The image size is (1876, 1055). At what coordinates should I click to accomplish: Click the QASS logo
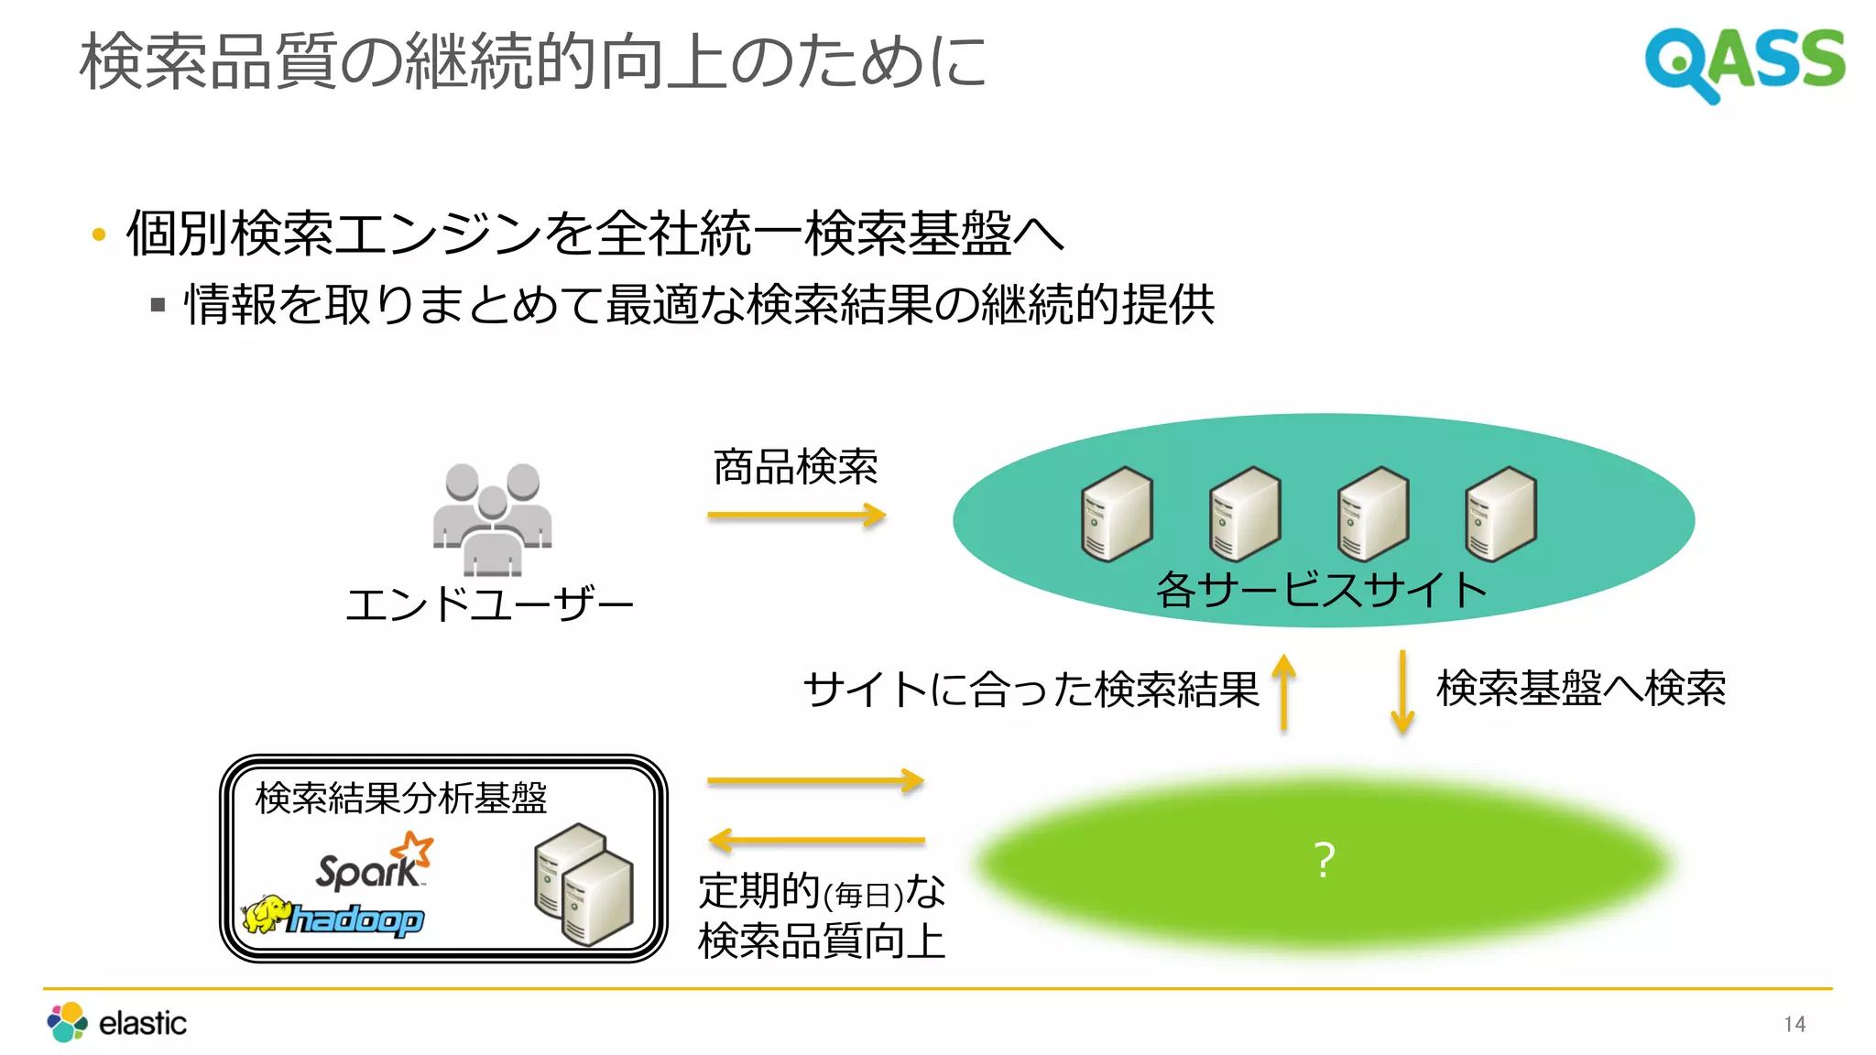tap(1744, 62)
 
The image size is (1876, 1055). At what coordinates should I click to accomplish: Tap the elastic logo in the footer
tap(117, 1022)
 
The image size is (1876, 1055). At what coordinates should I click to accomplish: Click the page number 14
tap(1794, 1024)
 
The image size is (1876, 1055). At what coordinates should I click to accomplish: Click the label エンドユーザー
tap(489, 604)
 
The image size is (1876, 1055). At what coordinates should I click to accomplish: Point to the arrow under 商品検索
tap(796, 515)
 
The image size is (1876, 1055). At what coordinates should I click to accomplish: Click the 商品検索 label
tap(795, 467)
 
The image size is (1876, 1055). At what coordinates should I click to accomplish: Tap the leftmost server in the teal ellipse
tap(1117, 514)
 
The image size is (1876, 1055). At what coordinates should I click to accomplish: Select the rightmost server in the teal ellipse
tap(1500, 514)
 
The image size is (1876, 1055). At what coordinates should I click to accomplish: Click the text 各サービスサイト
tap(1322, 590)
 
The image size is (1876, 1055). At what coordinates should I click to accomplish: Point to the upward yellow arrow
tap(1284, 691)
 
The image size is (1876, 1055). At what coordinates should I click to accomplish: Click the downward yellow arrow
tap(1402, 691)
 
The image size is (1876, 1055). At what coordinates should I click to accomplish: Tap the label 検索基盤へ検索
tap(1581, 689)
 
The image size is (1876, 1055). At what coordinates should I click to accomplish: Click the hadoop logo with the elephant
tap(333, 916)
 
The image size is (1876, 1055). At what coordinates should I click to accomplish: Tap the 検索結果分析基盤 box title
tap(401, 799)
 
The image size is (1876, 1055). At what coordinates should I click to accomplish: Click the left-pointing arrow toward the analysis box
tap(815, 840)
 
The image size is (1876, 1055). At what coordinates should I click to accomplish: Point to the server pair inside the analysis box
tap(584, 884)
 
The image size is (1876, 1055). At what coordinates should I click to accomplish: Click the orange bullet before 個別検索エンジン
tap(100, 235)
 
